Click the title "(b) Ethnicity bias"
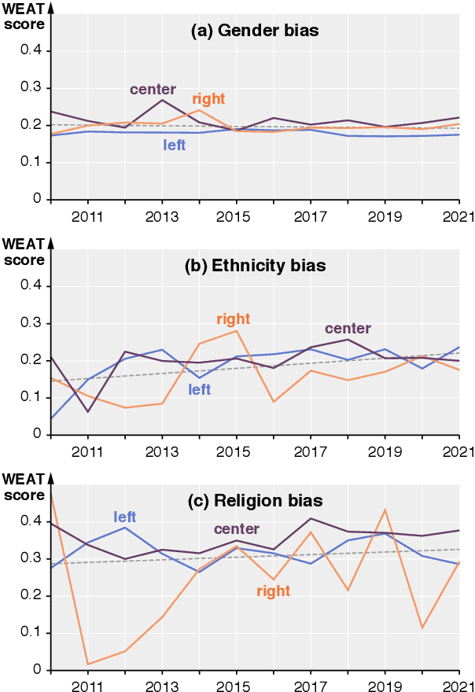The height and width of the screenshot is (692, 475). [x=254, y=266]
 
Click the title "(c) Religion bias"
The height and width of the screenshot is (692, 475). [x=253, y=500]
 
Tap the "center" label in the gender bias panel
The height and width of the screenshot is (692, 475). [x=153, y=89]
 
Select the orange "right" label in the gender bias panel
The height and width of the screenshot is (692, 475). [x=208, y=99]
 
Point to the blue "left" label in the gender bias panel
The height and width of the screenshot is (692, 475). [x=174, y=145]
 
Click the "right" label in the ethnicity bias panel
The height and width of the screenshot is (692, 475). [x=233, y=318]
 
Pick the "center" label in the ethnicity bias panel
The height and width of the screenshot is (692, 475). [x=347, y=328]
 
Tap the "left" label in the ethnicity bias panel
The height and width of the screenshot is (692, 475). [x=199, y=389]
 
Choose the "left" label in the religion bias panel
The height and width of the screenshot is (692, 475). [x=124, y=517]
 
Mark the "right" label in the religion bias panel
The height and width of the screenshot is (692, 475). [x=273, y=591]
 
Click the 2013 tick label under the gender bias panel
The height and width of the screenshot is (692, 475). [x=162, y=215]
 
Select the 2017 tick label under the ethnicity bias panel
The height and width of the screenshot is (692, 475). [x=311, y=451]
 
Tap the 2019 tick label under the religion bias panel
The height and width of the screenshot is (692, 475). [x=385, y=686]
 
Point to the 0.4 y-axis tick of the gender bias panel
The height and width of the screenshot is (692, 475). [x=31, y=51]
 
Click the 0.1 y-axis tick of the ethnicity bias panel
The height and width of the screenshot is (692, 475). [x=31, y=397]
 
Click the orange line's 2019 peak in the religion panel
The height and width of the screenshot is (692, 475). [x=385, y=510]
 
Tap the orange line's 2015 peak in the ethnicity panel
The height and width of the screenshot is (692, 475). [x=237, y=330]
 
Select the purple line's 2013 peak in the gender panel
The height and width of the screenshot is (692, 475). [x=162, y=100]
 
